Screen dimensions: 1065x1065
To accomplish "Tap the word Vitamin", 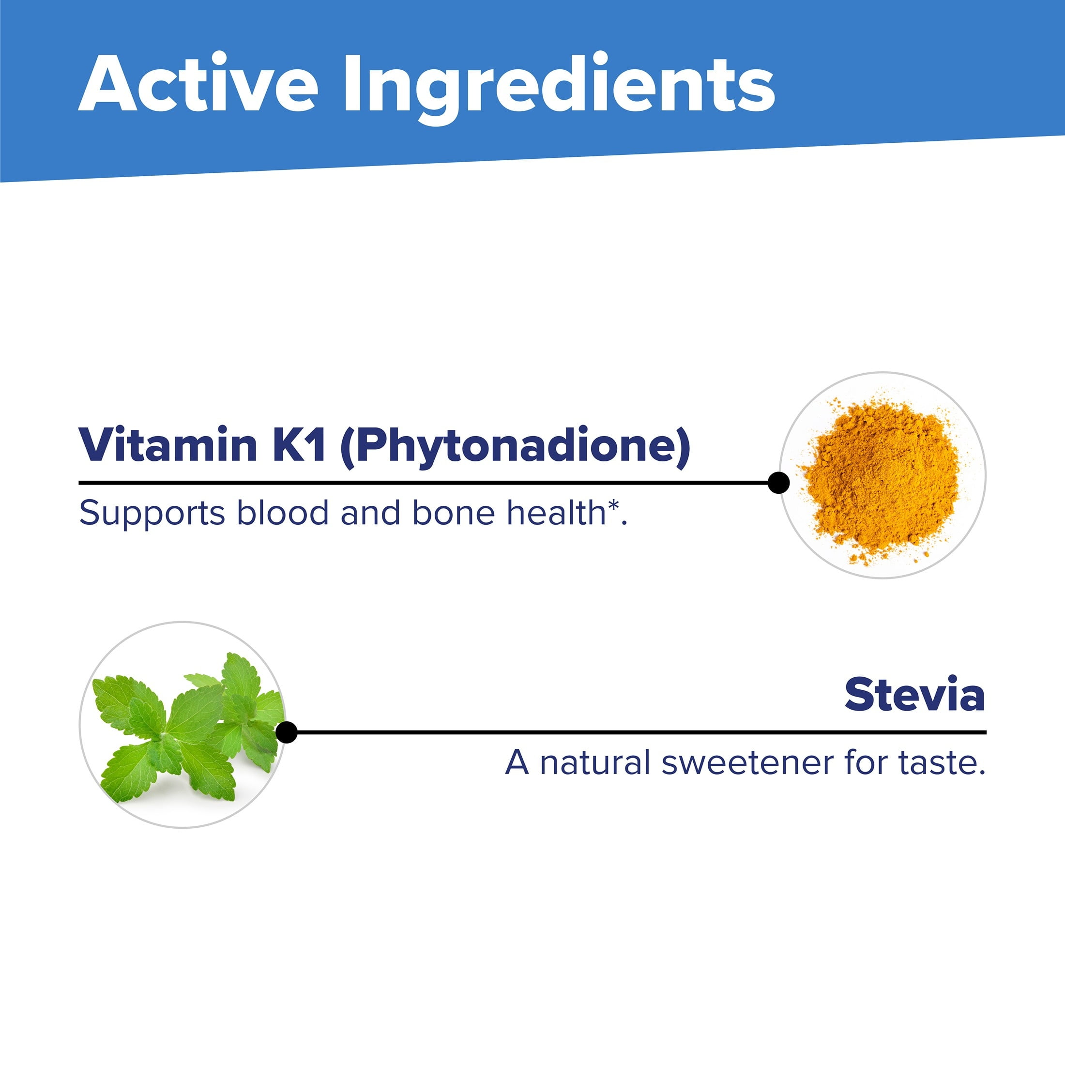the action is pyautogui.click(x=168, y=444).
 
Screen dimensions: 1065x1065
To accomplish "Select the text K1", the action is pyautogui.click(x=299, y=445).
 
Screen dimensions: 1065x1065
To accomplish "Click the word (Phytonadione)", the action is pyautogui.click(x=516, y=447).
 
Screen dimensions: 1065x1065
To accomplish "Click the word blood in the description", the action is pyautogui.click(x=283, y=512).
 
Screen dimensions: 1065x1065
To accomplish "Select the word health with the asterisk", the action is pyautogui.click(x=567, y=512).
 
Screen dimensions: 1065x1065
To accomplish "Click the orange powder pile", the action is pyautogui.click(x=881, y=474).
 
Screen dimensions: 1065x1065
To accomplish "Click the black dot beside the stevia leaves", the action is pyautogui.click(x=286, y=732).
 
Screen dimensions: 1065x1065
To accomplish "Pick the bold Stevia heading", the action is pyautogui.click(x=915, y=695).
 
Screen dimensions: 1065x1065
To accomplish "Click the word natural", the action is pyautogui.click(x=595, y=762).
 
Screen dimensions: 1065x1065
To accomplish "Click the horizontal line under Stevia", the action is pyautogui.click(x=636, y=732).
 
